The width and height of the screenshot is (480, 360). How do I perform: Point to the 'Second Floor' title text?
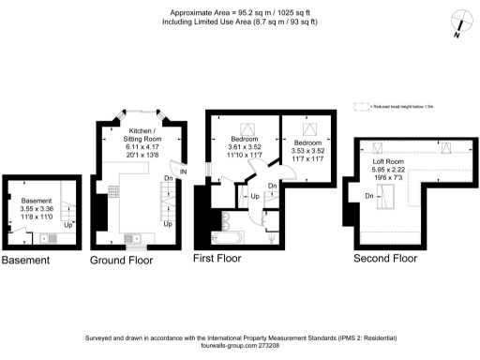(385, 257)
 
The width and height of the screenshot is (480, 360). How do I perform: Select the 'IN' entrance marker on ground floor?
(184, 172)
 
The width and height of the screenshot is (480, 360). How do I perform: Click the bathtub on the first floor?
(230, 238)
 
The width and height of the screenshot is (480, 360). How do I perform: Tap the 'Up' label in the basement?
(67, 226)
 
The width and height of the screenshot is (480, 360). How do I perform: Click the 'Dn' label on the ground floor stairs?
(167, 177)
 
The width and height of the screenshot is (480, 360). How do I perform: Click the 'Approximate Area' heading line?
(239, 14)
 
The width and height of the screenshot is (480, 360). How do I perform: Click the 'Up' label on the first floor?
(254, 197)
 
